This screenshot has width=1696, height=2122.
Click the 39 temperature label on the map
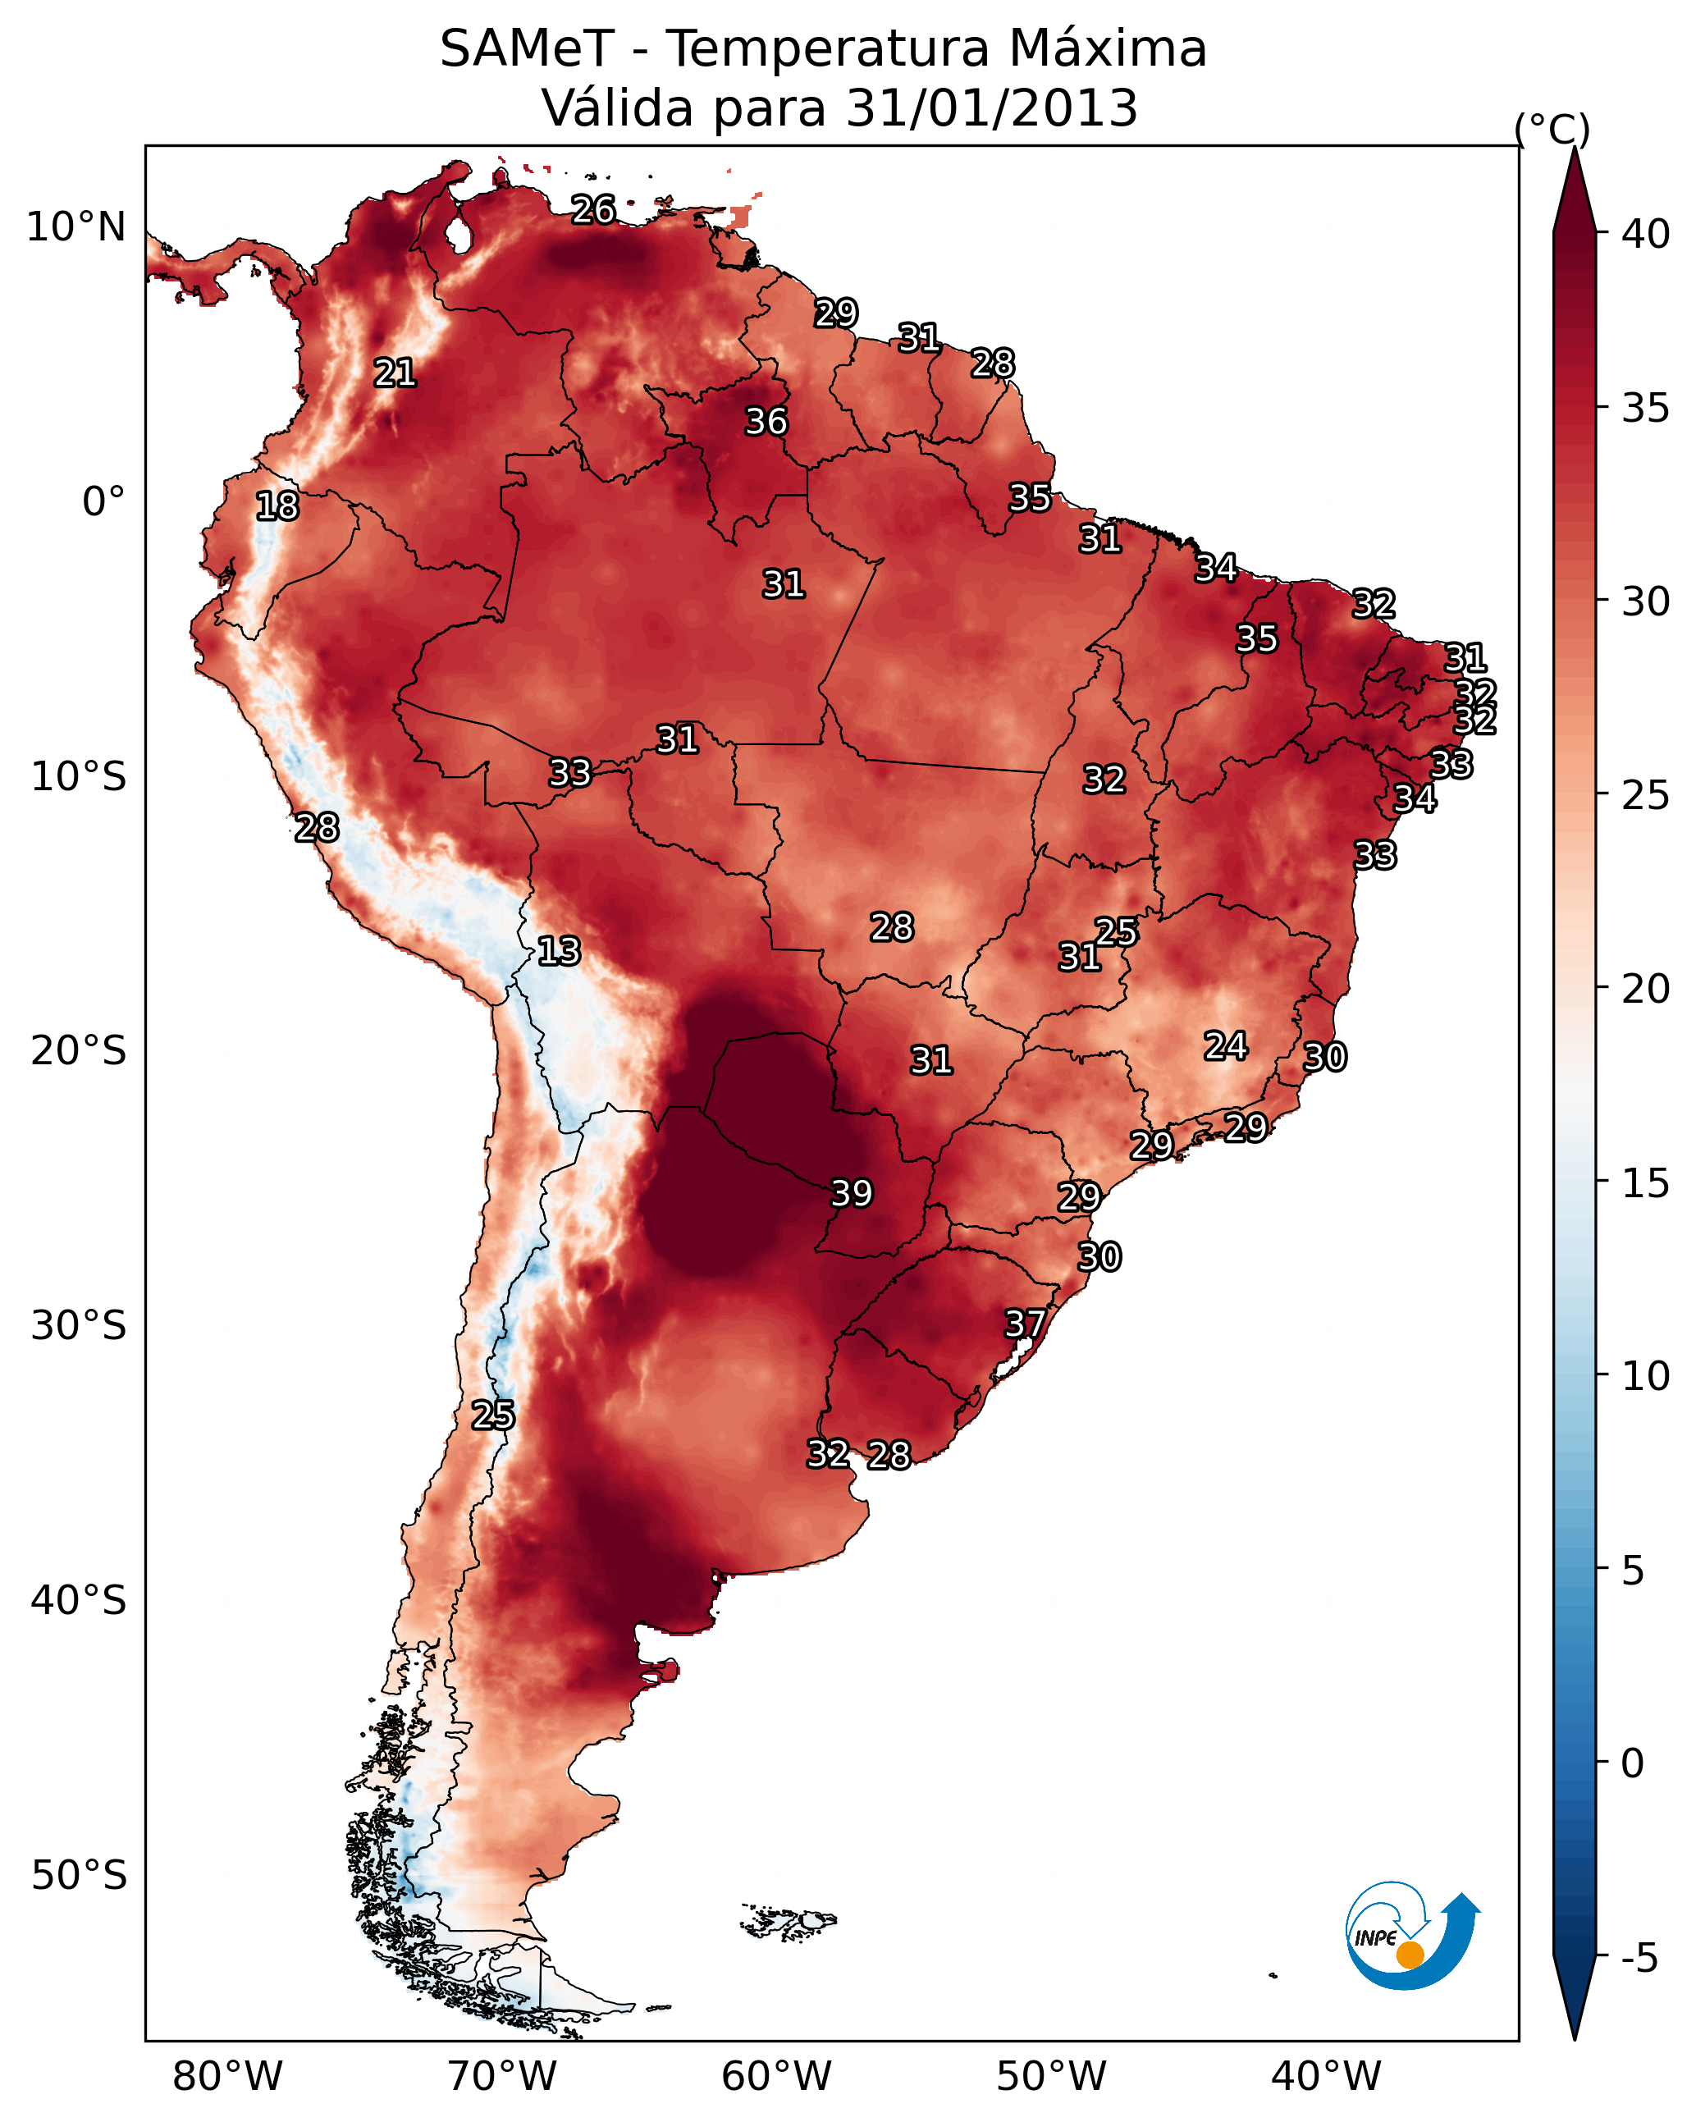pos(852,1193)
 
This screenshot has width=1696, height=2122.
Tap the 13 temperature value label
pos(559,951)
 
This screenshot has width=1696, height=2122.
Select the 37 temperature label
pos(1025,1323)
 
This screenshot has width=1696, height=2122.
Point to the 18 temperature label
pos(277,506)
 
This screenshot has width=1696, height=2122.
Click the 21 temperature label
pos(395,373)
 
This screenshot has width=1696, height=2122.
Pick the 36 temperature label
pos(766,421)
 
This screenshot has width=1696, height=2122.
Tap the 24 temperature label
pos(1226,1045)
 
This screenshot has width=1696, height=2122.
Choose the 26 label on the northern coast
pos(593,208)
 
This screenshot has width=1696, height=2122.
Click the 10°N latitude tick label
pos(75,227)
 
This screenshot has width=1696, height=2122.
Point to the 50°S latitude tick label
pos(79,1875)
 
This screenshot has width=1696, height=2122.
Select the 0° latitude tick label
pos(103,502)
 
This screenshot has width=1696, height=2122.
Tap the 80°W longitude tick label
pos(227,2076)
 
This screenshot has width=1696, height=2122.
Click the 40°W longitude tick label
pos(1326,2076)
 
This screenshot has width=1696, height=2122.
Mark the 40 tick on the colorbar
pos(1646,234)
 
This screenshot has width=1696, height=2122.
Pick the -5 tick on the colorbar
pos(1639,1958)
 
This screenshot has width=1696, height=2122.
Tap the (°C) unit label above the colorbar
pos(1552,129)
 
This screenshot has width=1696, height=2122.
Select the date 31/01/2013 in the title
pos(991,107)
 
